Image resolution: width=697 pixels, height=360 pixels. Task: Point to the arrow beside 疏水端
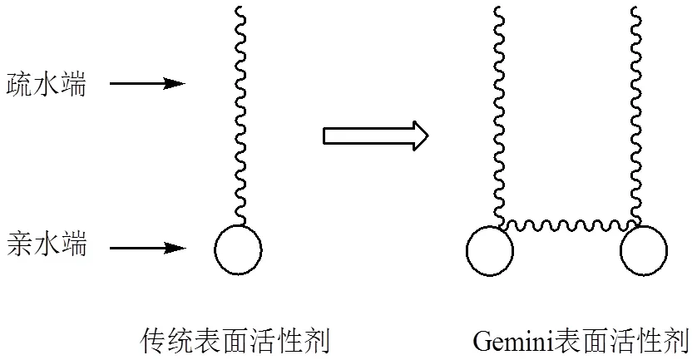[146, 83]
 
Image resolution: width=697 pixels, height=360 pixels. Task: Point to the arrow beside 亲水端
[146, 247]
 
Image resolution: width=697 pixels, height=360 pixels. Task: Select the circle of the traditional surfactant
[239, 249]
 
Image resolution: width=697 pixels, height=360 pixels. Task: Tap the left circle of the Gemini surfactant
[490, 249]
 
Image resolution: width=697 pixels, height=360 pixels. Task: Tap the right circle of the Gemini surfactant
[643, 249]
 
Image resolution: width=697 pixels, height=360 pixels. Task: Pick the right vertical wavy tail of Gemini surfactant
[637, 116]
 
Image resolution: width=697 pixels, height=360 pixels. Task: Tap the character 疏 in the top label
[19, 83]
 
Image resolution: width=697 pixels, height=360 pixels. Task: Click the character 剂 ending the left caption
[319, 340]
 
